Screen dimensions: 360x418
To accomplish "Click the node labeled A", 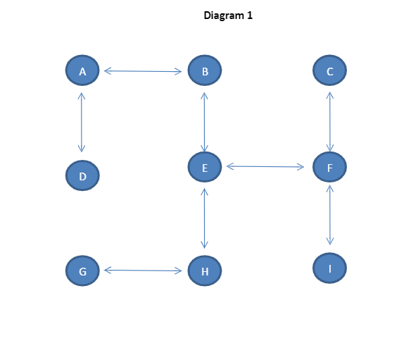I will click(x=82, y=70).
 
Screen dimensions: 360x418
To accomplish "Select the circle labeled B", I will click(x=205, y=70).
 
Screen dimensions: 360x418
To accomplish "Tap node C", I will click(x=329, y=70).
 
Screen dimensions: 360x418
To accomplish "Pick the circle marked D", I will click(x=82, y=176).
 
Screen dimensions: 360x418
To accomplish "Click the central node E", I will click(x=205, y=167).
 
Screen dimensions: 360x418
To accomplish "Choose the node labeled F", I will click(x=329, y=168).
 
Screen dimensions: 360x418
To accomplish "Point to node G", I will click(x=82, y=271).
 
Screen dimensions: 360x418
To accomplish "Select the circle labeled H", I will click(x=205, y=271).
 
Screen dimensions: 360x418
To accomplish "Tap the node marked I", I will click(x=329, y=268).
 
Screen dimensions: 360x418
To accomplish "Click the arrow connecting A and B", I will click(x=143, y=70).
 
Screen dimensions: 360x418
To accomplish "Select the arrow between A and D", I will click(x=82, y=122).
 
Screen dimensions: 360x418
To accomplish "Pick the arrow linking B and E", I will click(x=204, y=122).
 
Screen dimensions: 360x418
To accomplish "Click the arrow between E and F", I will click(x=265, y=167).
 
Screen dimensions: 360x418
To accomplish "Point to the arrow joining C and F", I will click(x=329, y=122).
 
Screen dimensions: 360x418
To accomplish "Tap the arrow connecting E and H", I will click(x=204, y=218).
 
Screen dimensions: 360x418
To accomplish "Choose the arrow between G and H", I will click(x=143, y=270).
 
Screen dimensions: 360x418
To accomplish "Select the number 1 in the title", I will click(x=249, y=15).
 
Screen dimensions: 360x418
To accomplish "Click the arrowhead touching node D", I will click(x=82, y=149).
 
